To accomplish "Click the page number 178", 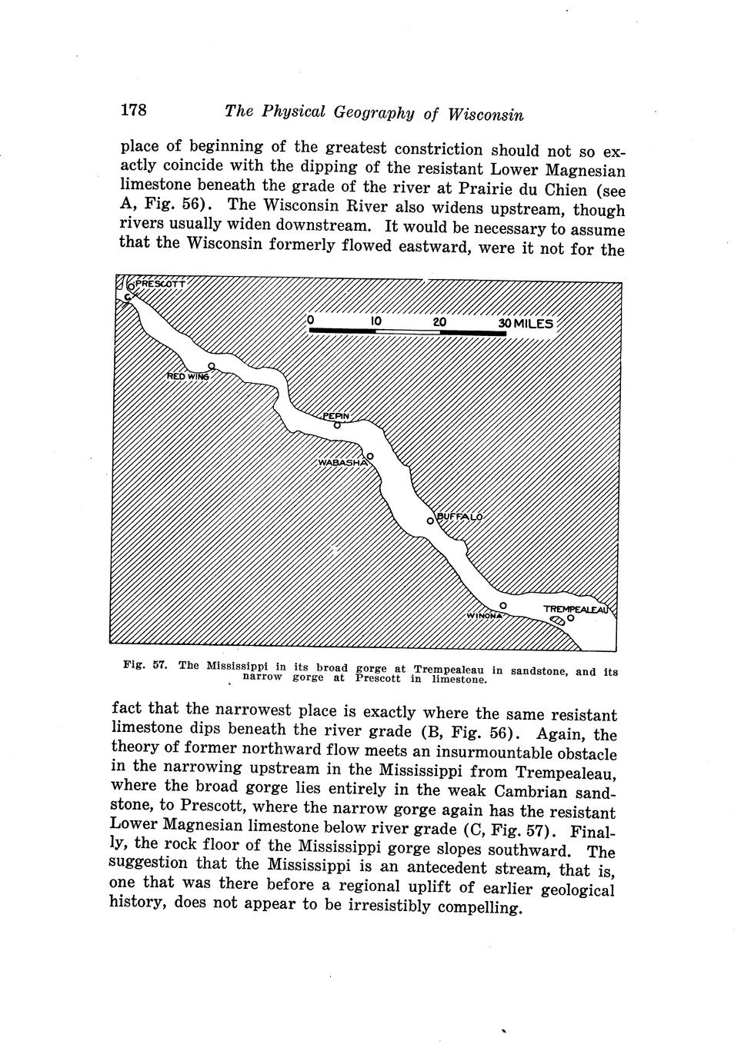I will [x=133, y=109].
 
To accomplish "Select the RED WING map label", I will [x=188, y=376].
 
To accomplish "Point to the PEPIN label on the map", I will [x=335, y=416].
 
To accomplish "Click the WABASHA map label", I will [x=342, y=463].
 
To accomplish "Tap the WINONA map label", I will [x=484, y=615].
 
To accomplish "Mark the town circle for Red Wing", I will [x=211, y=366].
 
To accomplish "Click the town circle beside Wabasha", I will [x=370, y=455].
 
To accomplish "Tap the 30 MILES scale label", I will [x=526, y=324].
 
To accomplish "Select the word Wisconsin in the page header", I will [x=486, y=115].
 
